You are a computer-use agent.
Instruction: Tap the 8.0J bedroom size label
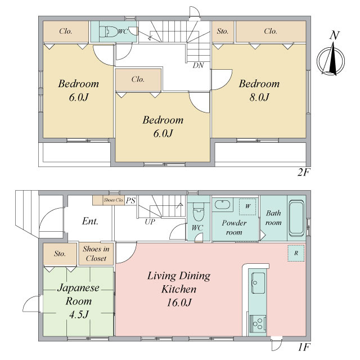(x=259, y=97)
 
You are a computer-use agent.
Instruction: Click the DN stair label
(x=199, y=65)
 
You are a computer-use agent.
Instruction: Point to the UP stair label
(x=150, y=222)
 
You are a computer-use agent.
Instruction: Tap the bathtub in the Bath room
(x=296, y=218)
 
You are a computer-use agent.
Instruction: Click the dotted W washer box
(x=247, y=206)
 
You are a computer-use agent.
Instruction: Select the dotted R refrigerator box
(x=296, y=253)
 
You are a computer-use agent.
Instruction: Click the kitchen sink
(x=258, y=283)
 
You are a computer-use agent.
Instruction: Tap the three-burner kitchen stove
(x=258, y=324)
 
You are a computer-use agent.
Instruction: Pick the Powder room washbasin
(x=221, y=205)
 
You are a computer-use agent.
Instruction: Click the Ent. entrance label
(x=90, y=221)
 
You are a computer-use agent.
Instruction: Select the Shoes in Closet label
(x=96, y=254)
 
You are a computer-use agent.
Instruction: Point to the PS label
(x=130, y=201)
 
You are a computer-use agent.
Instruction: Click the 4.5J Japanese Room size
(x=79, y=314)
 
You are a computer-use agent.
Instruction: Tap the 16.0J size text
(x=179, y=303)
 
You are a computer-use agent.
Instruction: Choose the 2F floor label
(x=303, y=172)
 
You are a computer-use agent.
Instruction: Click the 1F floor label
(x=304, y=347)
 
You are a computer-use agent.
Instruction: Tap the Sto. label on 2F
(x=223, y=31)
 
